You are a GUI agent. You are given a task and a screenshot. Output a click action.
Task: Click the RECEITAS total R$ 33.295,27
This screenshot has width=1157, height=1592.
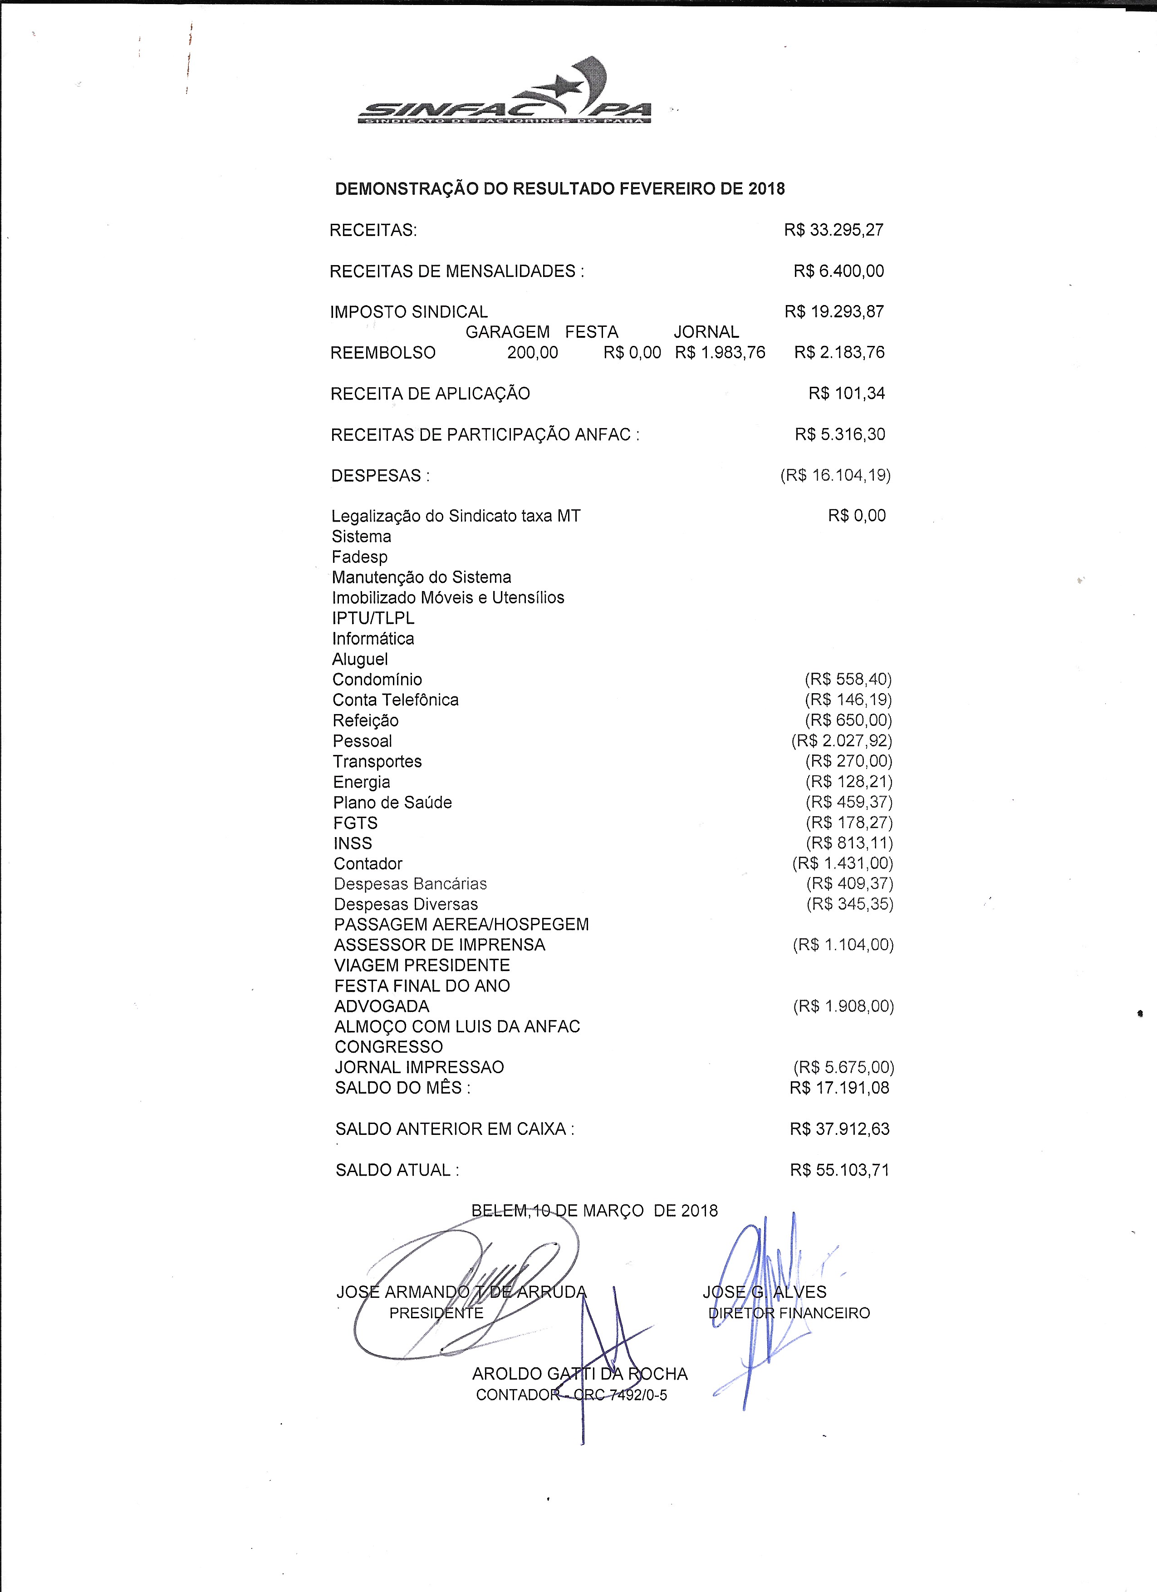833,230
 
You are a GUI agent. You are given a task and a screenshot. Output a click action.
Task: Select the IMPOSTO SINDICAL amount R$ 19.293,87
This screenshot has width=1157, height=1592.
834,312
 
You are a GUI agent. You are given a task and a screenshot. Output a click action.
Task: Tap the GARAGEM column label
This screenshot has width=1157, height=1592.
507,332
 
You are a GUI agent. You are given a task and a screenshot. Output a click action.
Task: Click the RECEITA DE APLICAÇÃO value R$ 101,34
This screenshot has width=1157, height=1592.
846,394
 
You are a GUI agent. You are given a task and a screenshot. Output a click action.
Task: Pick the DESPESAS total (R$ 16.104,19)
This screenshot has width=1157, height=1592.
835,475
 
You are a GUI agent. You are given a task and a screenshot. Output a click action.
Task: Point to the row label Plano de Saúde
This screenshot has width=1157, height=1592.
392,802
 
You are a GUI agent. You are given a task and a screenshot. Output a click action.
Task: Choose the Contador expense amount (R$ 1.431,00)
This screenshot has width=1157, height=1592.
842,863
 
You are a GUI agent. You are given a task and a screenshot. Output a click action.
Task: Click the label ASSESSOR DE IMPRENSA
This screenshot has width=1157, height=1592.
439,945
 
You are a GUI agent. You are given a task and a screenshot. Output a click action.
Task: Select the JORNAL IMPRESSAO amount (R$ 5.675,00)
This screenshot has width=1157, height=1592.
843,1068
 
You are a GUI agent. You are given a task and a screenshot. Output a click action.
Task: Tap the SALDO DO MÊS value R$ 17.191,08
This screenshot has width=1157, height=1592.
839,1088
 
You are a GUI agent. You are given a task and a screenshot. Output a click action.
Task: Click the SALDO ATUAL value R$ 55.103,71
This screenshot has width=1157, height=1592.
839,1170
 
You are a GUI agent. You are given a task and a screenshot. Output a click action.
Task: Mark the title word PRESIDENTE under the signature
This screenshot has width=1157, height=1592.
436,1313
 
